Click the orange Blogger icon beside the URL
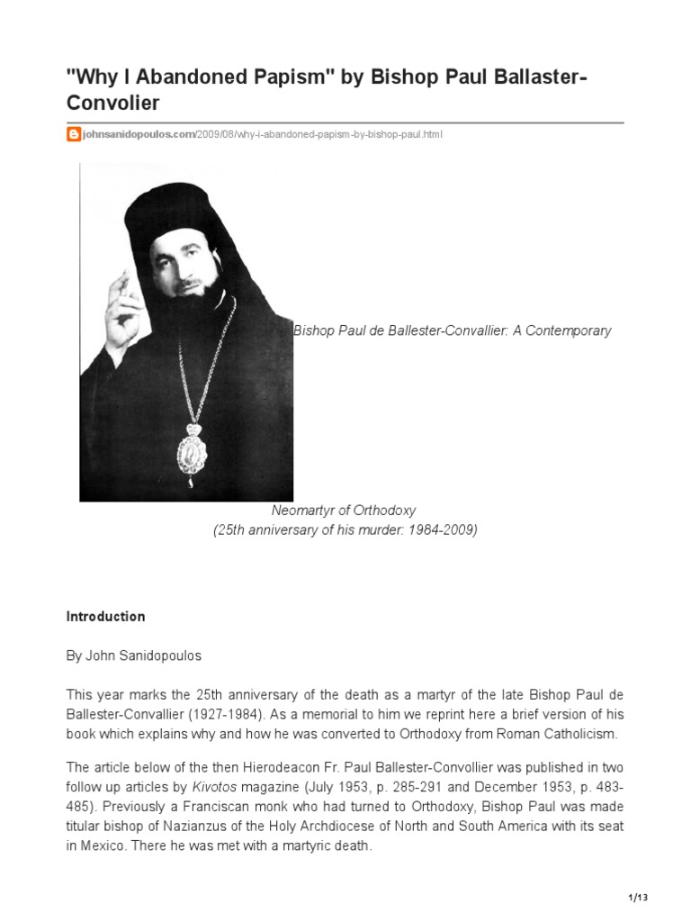[x=74, y=135]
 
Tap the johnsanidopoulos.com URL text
[x=138, y=135]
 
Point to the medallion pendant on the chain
[x=192, y=447]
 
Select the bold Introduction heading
[x=105, y=617]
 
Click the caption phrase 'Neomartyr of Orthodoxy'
[x=344, y=511]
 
